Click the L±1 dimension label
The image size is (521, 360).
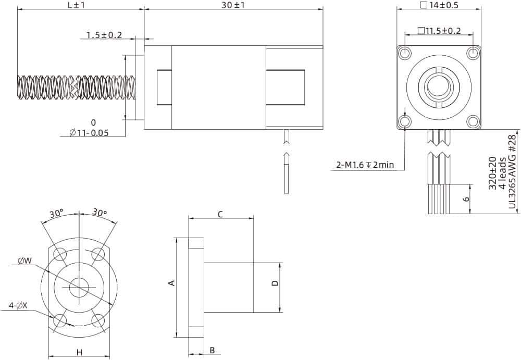(x=76, y=5)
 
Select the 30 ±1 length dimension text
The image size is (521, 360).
(x=233, y=5)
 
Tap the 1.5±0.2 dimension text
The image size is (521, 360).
(x=104, y=35)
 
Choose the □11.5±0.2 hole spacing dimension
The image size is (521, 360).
(x=439, y=31)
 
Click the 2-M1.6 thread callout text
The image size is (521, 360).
(x=365, y=165)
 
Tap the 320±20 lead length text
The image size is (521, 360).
(x=492, y=172)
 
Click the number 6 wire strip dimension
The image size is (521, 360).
(x=466, y=198)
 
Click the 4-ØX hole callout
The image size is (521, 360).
(x=18, y=306)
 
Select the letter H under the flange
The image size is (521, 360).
(x=79, y=352)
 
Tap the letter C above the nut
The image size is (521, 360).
(x=220, y=214)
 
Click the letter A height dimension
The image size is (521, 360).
(x=171, y=283)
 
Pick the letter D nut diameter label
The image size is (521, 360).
(x=275, y=283)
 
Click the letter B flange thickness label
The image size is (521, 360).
(x=212, y=350)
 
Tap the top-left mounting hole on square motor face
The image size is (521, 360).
(x=404, y=53)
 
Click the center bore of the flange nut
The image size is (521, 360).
(x=79, y=287)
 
